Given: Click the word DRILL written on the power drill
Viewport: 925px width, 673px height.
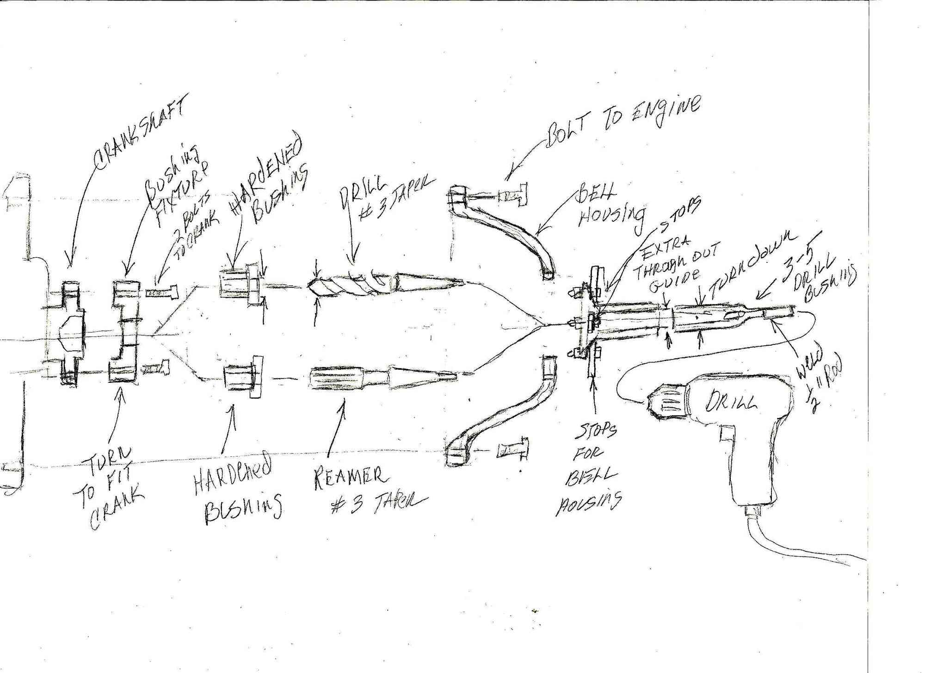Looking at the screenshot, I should pyautogui.click(x=731, y=400).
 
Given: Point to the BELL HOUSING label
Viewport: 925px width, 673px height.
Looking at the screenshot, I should pyautogui.click(x=610, y=211).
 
